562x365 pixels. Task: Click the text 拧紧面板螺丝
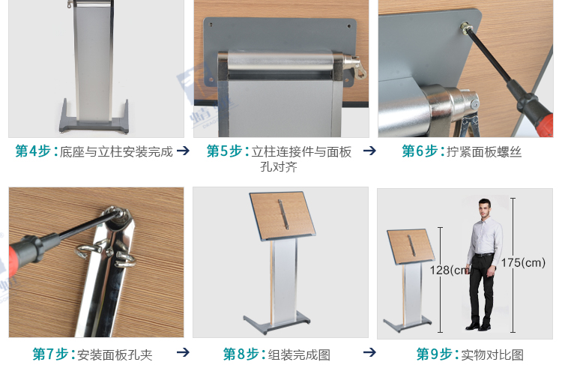(x=484, y=152)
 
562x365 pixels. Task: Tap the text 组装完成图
(x=298, y=355)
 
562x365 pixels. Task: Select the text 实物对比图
(x=492, y=355)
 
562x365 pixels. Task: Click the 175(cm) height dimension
(x=523, y=262)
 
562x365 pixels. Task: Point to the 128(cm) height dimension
(x=449, y=270)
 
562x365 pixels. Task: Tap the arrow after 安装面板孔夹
(x=182, y=352)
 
